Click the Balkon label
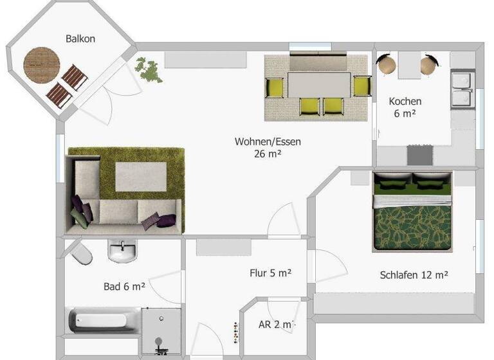80,39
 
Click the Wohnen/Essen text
268,141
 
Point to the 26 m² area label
269,154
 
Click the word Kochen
405,101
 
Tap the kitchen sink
462,89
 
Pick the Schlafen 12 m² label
414,274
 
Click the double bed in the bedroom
412,211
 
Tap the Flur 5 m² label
270,273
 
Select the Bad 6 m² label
124,286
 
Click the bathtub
104,320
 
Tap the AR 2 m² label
275,324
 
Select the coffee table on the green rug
142,176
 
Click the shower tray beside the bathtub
160,329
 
